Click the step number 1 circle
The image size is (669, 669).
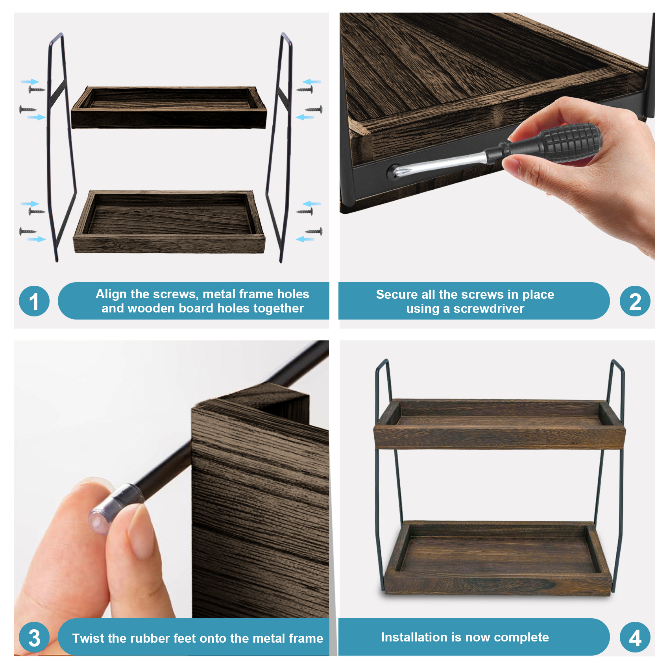point(34,301)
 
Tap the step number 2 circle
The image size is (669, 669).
point(635,301)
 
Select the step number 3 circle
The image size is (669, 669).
point(34,637)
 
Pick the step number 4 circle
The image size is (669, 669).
point(635,637)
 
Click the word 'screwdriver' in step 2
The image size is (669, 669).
point(489,309)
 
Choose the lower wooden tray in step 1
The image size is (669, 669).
point(169,222)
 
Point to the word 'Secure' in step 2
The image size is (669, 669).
point(397,294)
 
